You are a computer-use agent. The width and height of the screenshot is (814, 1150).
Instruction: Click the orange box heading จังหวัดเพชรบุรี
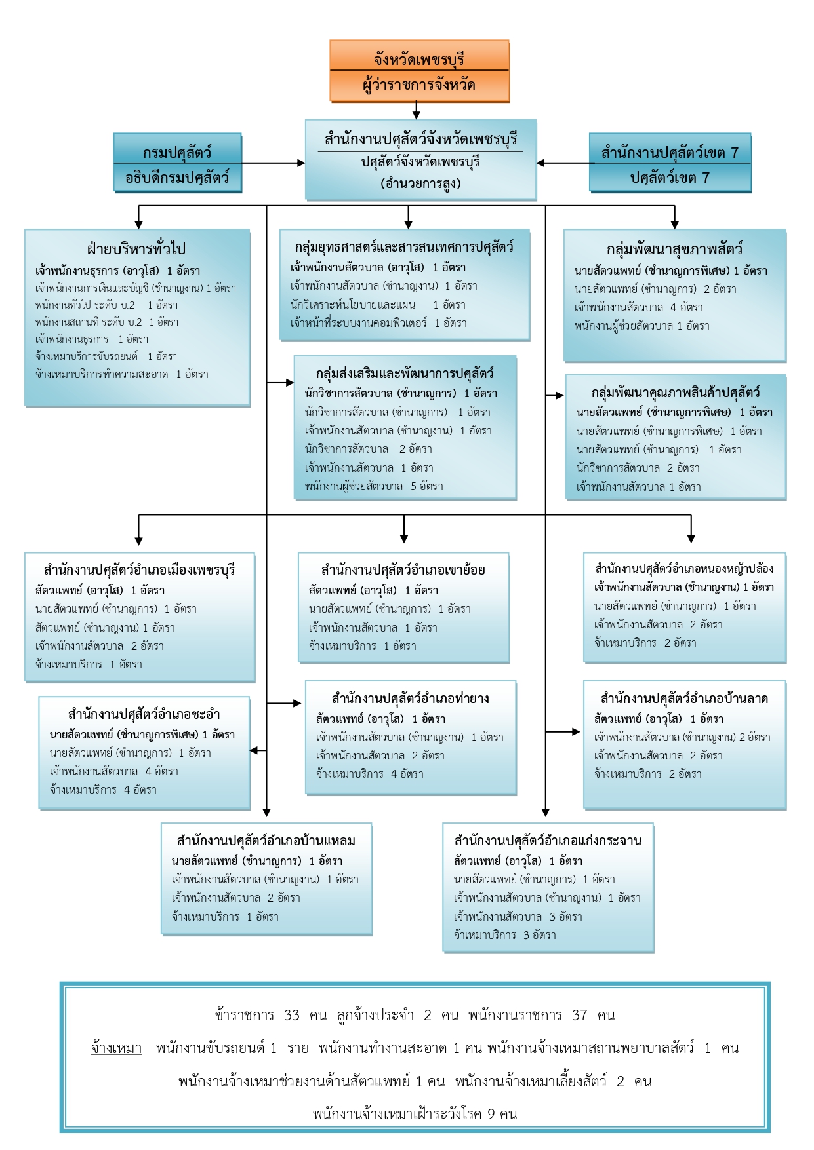click(419, 59)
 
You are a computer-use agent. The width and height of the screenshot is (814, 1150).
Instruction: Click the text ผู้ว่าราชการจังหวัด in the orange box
click(419, 85)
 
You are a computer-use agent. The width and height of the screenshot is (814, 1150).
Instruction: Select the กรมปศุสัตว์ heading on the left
click(177, 153)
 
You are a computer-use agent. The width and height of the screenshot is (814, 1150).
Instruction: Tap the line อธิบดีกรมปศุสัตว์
click(177, 178)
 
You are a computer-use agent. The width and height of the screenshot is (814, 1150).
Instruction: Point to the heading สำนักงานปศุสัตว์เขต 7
click(670, 153)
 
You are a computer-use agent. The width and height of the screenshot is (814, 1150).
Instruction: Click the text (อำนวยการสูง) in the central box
click(420, 183)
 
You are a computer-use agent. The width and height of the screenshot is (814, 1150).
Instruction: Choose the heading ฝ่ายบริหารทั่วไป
click(136, 249)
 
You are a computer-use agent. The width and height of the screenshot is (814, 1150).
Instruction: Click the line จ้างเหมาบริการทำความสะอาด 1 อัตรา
click(122, 374)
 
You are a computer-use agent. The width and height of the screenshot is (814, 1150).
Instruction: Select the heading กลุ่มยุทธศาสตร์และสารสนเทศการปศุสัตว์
click(404, 247)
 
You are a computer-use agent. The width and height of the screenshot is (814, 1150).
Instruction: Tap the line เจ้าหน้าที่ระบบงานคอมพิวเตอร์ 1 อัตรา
click(378, 322)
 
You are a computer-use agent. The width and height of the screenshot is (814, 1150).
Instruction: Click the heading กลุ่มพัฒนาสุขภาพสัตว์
click(674, 250)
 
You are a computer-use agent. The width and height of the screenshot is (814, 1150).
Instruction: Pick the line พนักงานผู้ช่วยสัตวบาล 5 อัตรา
click(374, 486)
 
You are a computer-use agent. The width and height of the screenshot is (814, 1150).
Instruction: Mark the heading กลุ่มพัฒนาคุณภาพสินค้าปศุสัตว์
click(676, 393)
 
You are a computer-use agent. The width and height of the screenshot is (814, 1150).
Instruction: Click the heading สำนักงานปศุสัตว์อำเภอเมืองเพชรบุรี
click(139, 569)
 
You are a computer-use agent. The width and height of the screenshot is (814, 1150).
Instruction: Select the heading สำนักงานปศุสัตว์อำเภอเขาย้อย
click(403, 569)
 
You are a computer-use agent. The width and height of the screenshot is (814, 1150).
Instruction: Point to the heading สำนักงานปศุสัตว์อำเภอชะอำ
click(144, 714)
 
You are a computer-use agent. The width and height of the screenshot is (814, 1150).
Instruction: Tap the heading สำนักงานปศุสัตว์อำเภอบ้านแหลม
click(266, 841)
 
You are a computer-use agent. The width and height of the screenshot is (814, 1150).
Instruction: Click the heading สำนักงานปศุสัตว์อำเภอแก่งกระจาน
click(548, 841)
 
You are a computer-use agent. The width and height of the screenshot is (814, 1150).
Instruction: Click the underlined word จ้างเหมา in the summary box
click(116, 1048)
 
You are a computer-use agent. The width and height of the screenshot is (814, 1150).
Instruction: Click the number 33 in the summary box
click(292, 1016)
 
